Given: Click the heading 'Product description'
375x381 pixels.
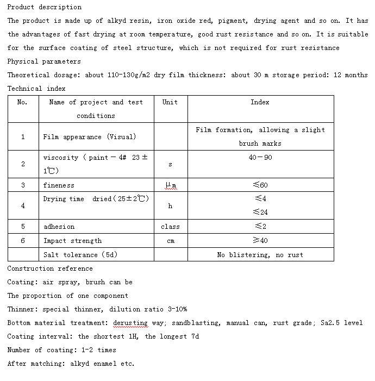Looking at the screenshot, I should pos(45,7).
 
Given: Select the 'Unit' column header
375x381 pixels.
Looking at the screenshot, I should pos(170,102).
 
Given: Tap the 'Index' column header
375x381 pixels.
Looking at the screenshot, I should pos(260,102).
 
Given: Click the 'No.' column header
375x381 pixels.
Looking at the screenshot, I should pos(22,102).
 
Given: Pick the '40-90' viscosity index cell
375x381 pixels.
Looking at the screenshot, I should pos(260,158).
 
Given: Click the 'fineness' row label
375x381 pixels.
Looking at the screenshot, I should pos(59,185).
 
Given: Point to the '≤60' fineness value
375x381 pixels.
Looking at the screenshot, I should pos(260,185).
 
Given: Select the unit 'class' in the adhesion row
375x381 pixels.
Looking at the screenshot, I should pos(170,227).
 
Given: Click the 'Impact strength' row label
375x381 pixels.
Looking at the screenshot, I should pos(72,241).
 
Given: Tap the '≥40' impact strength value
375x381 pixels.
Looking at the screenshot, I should pos(260,240).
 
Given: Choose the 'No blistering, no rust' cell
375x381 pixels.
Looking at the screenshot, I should pos(260,255).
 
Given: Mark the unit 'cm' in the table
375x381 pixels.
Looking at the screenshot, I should pos(170,241).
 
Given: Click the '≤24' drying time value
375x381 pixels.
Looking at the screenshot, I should pos(260,213).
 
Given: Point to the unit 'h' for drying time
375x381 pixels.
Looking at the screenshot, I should pos(170,206).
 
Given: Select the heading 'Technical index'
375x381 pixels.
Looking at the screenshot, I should pos(36,89).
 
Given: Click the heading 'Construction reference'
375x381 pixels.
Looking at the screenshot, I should pos(50,268).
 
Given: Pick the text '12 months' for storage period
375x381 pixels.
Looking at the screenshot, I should pos(351,75).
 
